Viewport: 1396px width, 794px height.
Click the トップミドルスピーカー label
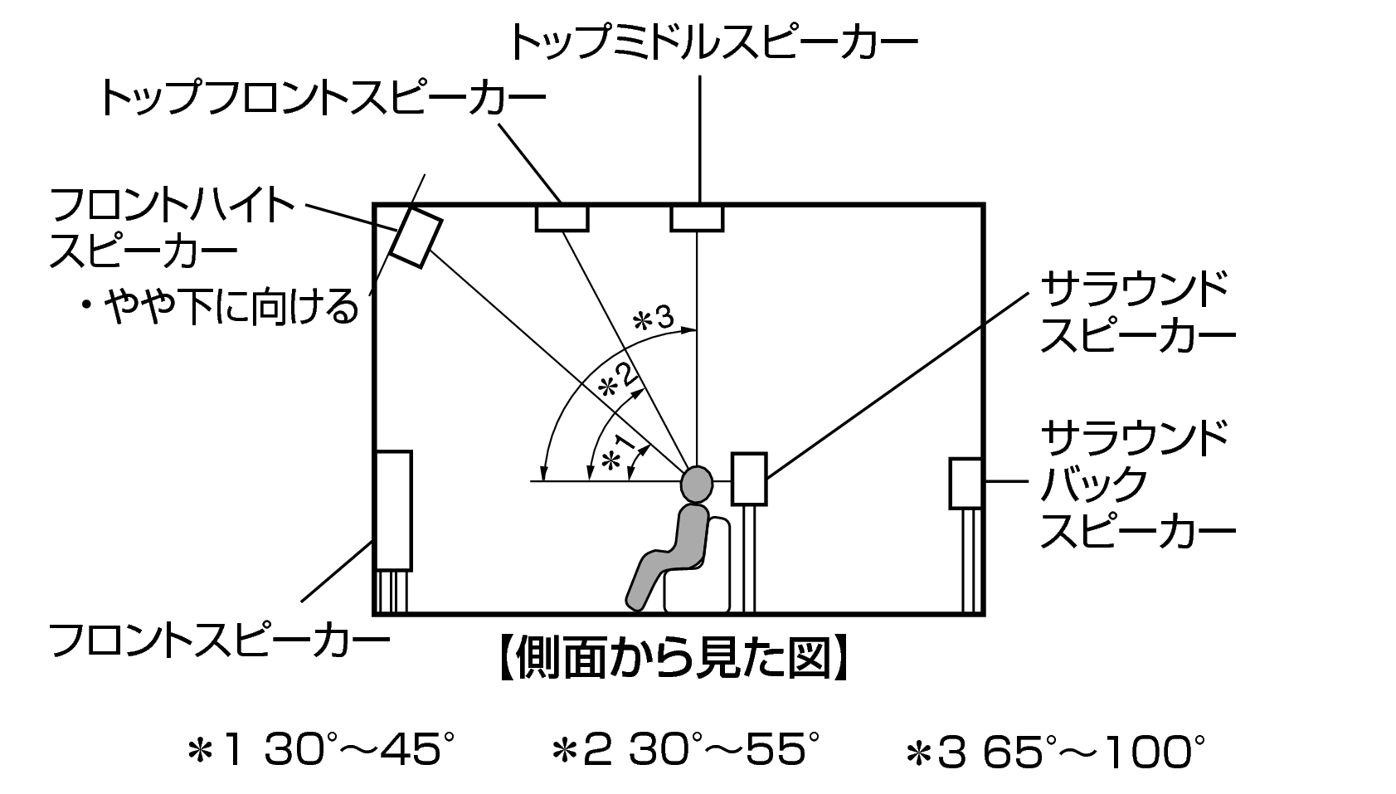coord(713,41)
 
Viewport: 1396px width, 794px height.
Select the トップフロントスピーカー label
coord(322,97)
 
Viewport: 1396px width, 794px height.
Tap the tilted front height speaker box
coord(416,236)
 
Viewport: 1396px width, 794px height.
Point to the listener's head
coord(697,485)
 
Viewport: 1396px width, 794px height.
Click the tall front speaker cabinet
coord(394,510)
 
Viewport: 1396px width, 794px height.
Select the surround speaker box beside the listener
coord(749,479)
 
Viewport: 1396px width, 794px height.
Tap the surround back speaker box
coord(966,484)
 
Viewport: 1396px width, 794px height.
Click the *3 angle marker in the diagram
coord(653,319)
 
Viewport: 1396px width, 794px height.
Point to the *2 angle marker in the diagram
coord(618,380)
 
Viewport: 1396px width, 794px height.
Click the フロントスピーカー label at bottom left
coord(219,640)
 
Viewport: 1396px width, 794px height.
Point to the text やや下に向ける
coord(231,307)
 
